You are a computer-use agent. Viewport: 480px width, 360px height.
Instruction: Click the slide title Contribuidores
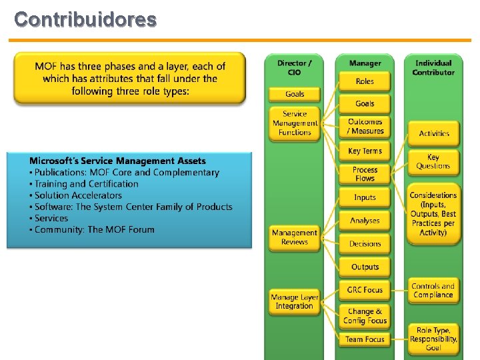[x=85, y=19]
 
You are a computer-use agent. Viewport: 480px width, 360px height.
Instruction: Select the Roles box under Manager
[x=365, y=81]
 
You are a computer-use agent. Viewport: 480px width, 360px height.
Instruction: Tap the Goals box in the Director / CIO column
[x=295, y=94]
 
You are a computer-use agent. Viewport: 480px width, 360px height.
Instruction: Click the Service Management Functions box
[x=295, y=123]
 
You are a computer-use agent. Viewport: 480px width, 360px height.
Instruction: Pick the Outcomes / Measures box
[x=365, y=126]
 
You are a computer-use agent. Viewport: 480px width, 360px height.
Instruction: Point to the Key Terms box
[x=365, y=151]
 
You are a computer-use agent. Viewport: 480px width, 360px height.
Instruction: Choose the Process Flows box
[x=365, y=174]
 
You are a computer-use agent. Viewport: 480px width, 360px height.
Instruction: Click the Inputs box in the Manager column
[x=365, y=197]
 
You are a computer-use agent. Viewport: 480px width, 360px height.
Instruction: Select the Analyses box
[x=365, y=221]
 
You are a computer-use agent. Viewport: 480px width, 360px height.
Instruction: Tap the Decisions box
[x=365, y=244]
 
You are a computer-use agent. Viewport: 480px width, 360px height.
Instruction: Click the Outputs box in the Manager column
[x=365, y=267]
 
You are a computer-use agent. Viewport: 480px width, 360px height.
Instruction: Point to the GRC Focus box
[x=365, y=289]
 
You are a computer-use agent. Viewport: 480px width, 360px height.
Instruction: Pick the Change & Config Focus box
[x=365, y=316]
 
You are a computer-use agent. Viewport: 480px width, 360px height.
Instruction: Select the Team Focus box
[x=365, y=339]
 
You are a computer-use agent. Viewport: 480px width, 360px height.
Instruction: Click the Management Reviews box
[x=295, y=237]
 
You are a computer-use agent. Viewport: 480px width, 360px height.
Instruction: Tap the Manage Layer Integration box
[x=295, y=301]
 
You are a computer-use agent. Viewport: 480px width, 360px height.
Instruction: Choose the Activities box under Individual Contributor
[x=434, y=133]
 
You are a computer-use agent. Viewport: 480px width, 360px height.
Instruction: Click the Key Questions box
[x=434, y=161]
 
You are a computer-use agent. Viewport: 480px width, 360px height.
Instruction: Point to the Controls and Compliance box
[x=434, y=291]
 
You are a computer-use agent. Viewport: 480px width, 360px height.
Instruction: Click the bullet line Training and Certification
[x=87, y=184]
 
